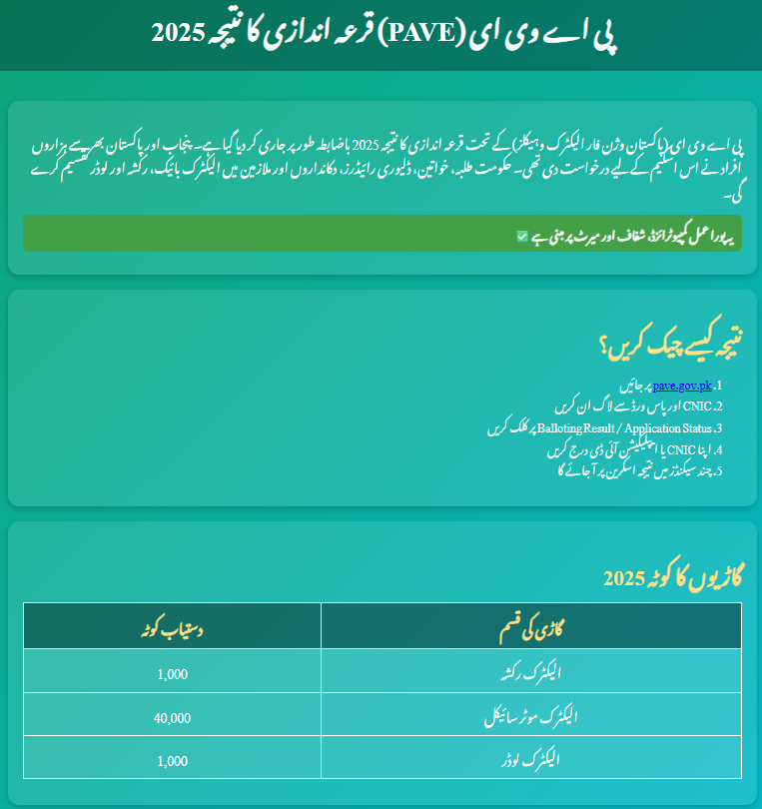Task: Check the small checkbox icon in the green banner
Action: click(522, 237)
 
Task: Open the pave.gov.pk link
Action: click(681, 385)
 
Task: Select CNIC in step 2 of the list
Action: click(694, 406)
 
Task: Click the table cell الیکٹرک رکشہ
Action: click(530, 672)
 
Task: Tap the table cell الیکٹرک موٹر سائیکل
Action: click(530, 716)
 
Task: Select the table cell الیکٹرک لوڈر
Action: click(530, 760)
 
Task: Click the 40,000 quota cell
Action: click(172, 717)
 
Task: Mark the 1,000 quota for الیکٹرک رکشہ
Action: click(172, 673)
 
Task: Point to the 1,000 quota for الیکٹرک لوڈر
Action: click(172, 761)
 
